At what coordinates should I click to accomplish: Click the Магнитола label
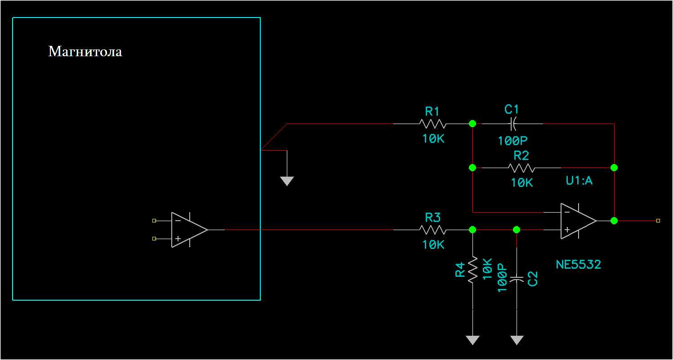pyautogui.click(x=85, y=52)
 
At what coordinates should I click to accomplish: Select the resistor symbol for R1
pyautogui.click(x=432, y=124)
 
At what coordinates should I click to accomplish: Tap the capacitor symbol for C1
pyautogui.click(x=513, y=123)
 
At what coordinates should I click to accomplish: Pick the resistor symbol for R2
pyautogui.click(x=521, y=168)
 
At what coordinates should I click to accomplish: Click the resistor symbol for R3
pyautogui.click(x=432, y=230)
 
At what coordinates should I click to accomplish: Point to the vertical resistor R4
pyautogui.click(x=472, y=270)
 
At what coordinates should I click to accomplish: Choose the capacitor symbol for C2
pyautogui.click(x=517, y=279)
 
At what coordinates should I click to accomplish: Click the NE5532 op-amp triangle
pyautogui.click(x=577, y=221)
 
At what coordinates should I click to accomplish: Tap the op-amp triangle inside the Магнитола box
pyautogui.click(x=188, y=230)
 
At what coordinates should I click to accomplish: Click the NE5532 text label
pyautogui.click(x=578, y=264)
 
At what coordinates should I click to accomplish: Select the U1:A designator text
pyautogui.click(x=579, y=181)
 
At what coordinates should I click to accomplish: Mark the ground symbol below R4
pyautogui.click(x=472, y=340)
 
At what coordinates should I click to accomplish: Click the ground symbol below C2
pyautogui.click(x=517, y=340)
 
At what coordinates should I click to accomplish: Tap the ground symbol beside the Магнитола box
pyautogui.click(x=287, y=181)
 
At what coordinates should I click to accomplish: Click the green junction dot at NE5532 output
pyautogui.click(x=614, y=221)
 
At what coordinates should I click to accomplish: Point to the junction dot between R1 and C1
pyautogui.click(x=472, y=123)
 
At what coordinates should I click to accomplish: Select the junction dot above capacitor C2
pyautogui.click(x=517, y=230)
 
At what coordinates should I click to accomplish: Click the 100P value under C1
pyautogui.click(x=512, y=141)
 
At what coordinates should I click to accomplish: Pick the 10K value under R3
pyautogui.click(x=433, y=244)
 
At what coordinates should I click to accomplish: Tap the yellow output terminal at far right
pyautogui.click(x=658, y=221)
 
